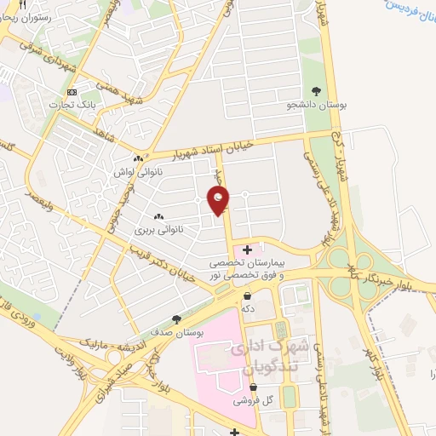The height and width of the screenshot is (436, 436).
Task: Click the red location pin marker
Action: tap(219, 199)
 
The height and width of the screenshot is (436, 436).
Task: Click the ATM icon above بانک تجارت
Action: tap(72, 92)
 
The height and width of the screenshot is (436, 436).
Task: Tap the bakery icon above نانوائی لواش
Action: tap(138, 158)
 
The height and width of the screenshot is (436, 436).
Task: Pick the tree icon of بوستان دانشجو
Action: tap(317, 91)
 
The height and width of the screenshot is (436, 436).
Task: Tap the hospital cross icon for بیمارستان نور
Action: tap(247, 250)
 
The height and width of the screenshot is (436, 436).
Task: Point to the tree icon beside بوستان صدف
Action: tap(176, 318)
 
